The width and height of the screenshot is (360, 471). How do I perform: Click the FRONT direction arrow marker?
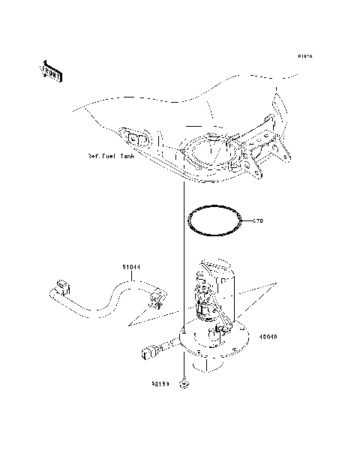49,71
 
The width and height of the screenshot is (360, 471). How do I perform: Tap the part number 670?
259,221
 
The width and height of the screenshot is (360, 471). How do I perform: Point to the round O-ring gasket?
216,221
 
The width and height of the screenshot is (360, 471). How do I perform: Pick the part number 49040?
268,337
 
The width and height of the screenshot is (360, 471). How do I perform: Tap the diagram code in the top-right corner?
304,56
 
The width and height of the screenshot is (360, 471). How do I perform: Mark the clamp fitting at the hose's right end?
156,301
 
